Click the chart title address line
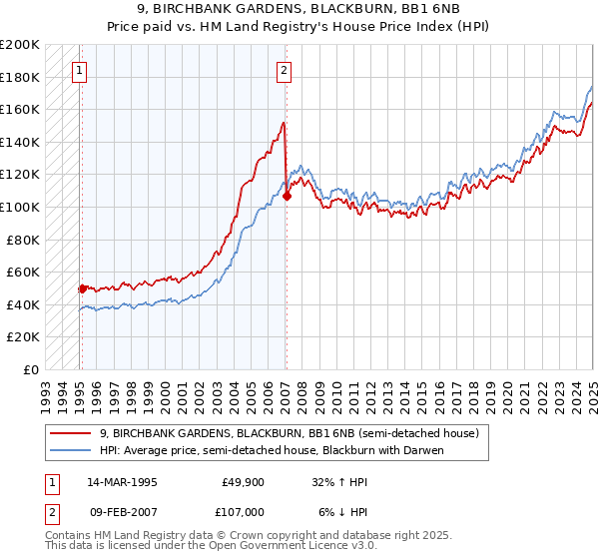[x=299, y=9]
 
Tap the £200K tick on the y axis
[x=21, y=45]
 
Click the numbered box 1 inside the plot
[x=79, y=70]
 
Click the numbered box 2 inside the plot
[x=285, y=70]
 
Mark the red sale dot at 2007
[x=287, y=197]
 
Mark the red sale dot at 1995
[x=82, y=288]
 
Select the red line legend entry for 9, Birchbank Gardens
[x=290, y=433]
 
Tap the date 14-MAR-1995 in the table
[x=123, y=481]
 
